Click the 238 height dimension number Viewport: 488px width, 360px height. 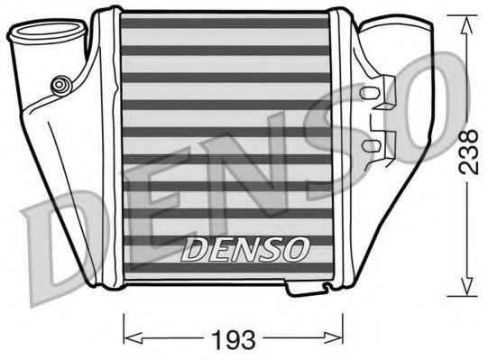(465, 149)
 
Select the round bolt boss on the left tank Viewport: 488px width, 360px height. (60, 85)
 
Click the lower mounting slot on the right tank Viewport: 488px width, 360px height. (370, 144)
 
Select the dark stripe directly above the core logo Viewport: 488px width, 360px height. (225, 213)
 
